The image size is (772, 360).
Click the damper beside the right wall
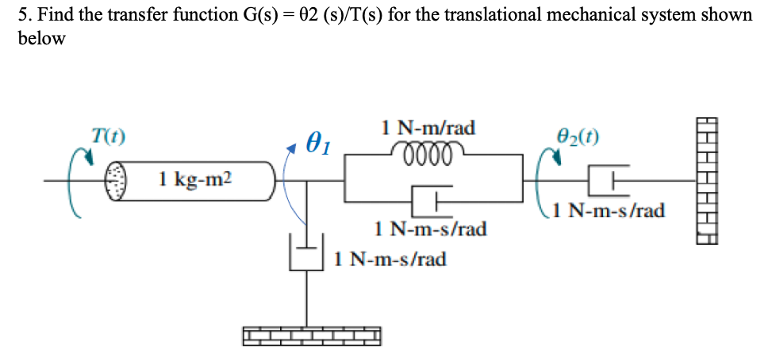point(607,180)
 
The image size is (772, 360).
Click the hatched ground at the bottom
point(311,336)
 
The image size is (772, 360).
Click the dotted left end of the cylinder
point(117,181)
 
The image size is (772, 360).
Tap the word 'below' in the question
point(42,40)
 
